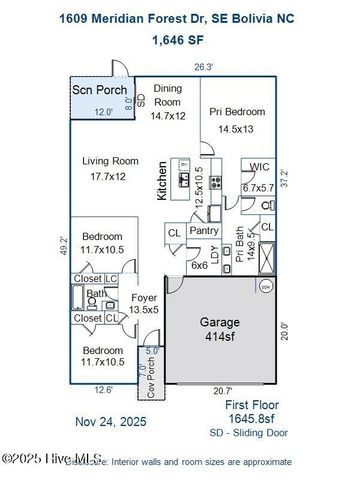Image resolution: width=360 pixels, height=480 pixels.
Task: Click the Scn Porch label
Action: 99,91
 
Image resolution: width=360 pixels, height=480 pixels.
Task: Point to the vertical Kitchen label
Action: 161,183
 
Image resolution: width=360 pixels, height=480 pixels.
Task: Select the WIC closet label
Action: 260,167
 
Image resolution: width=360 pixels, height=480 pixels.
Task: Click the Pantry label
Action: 204,231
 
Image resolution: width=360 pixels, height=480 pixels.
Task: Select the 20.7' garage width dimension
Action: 223,391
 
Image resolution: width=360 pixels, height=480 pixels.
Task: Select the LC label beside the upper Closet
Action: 112,278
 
